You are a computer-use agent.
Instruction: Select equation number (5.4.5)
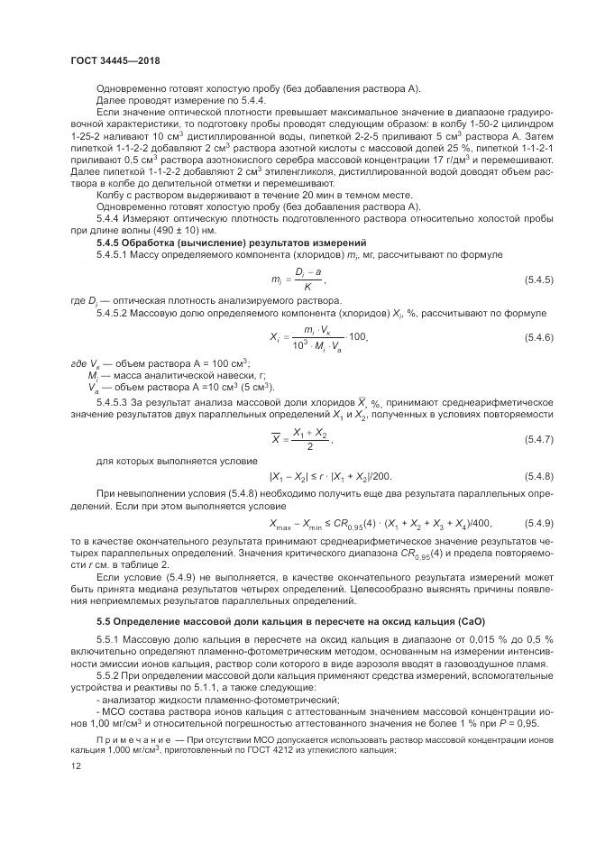[538, 283]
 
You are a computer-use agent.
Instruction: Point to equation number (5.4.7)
[538, 438]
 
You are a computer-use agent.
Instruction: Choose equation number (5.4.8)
[538, 475]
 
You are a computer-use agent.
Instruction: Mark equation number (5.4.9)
[538, 523]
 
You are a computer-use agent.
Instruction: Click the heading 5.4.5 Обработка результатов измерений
[231, 243]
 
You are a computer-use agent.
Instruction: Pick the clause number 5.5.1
[109, 639]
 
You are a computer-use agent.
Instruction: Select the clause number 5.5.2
[109, 673]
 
